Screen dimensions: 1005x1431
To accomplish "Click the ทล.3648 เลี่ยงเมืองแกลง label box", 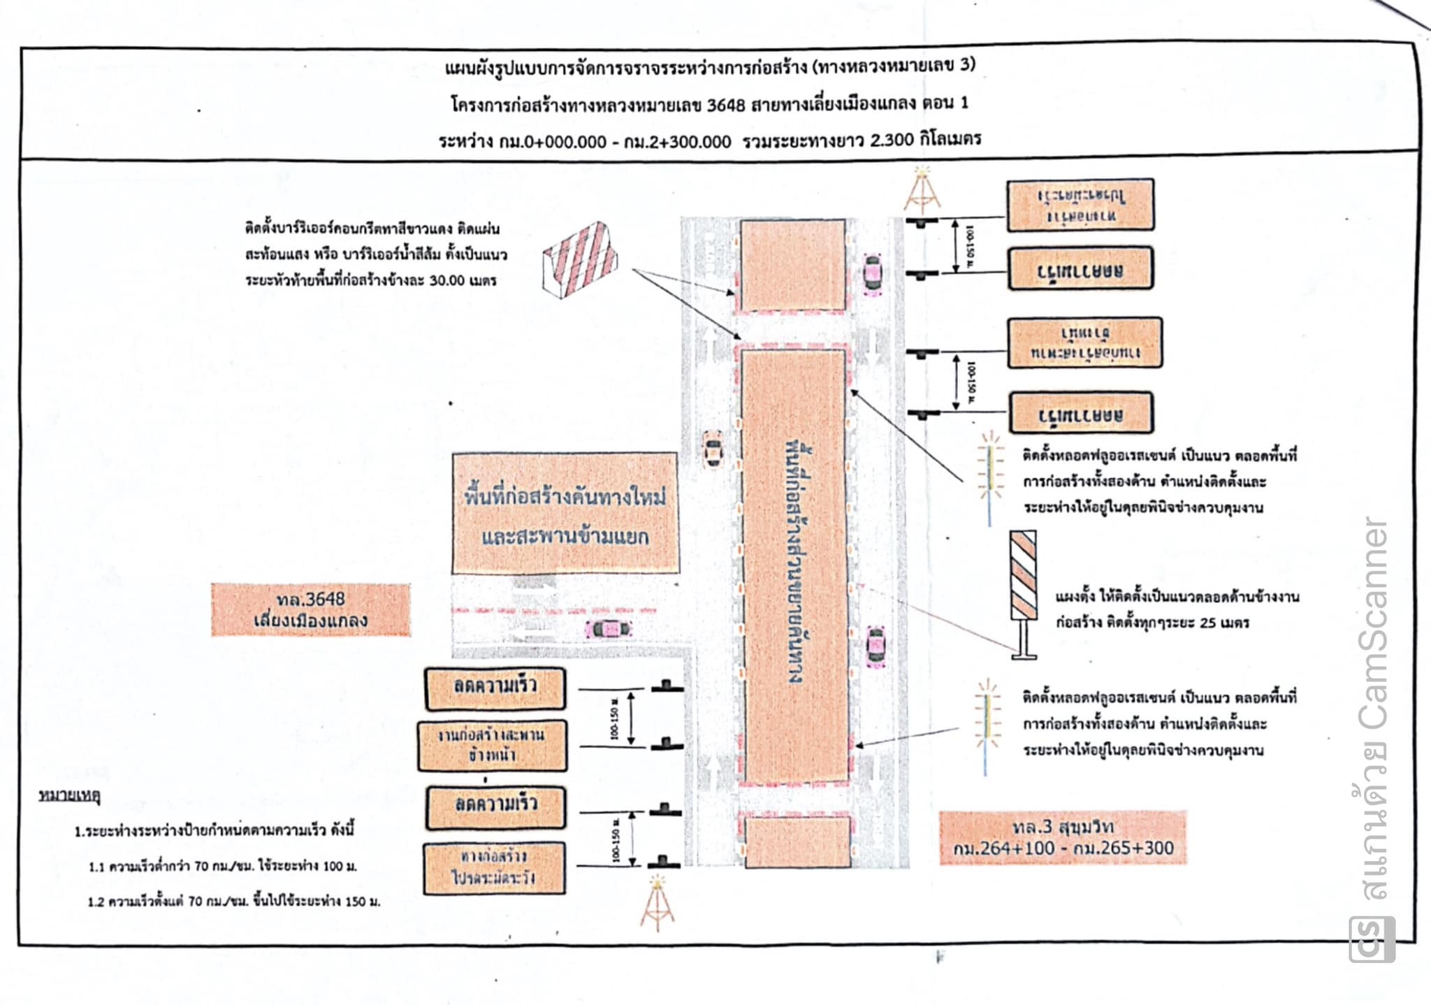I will [311, 610].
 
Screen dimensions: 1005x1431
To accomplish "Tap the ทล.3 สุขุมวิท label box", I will [1063, 837].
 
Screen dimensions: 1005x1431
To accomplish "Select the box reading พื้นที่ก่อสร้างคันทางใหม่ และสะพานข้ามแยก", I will [565, 514].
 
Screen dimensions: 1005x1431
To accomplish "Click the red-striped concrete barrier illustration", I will [581, 259].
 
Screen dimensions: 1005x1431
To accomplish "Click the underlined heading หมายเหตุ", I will [69, 795].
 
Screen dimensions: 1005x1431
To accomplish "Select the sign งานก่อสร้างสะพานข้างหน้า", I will [493, 745].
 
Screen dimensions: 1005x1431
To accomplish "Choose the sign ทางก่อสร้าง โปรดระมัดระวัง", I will [494, 867].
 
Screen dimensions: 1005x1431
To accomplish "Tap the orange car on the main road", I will [712, 448].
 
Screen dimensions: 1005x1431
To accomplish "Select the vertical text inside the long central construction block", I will [794, 563].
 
